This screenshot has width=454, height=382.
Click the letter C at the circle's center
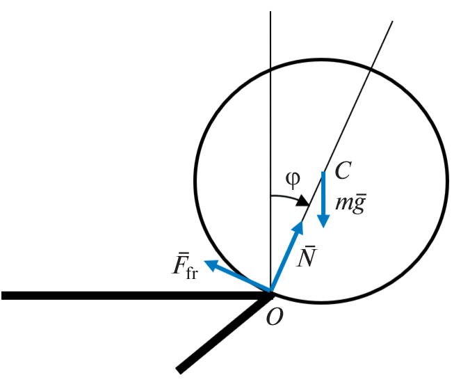pos(343,170)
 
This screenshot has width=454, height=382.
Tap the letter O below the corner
pos(275,317)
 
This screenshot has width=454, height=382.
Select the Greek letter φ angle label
pos(293,180)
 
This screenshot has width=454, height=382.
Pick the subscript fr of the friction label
pos(192,273)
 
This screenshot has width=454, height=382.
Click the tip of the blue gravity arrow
pos(323,228)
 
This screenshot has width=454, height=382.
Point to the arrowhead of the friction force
pos(204,261)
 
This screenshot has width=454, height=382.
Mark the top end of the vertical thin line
pos(270,12)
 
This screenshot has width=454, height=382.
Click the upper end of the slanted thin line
pos(393,21)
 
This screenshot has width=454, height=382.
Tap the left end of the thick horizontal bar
pos(1,295)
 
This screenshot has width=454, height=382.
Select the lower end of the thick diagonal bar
pos(179,371)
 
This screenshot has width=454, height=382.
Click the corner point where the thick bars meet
pos(270,295)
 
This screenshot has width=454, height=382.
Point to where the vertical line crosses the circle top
pos(270,70)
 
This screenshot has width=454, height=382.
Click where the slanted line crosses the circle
pos(371,69)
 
